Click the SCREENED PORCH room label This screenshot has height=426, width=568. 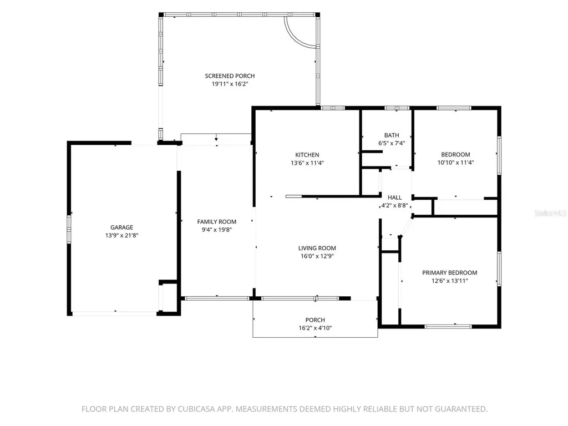(x=230, y=75)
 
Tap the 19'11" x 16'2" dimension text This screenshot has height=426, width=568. (x=230, y=84)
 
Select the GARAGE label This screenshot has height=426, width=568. (x=121, y=227)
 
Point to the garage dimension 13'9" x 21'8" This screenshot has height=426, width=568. (x=121, y=235)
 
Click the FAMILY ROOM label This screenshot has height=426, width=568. (x=217, y=221)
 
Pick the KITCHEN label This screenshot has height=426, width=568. (x=307, y=155)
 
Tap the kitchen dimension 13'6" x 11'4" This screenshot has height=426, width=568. (x=307, y=163)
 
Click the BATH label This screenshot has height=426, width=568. (x=392, y=135)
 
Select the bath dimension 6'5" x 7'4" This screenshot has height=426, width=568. (x=392, y=143)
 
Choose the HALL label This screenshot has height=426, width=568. (x=394, y=197)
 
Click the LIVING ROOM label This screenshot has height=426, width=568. (x=317, y=248)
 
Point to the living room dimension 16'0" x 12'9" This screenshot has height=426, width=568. (x=317, y=256)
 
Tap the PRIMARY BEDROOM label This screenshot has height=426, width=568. (x=449, y=273)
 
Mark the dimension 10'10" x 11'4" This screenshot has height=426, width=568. (x=456, y=163)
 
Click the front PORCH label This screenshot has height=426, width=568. (x=315, y=320)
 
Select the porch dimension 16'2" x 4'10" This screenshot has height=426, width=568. (x=315, y=328)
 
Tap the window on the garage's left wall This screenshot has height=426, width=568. (x=68, y=229)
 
